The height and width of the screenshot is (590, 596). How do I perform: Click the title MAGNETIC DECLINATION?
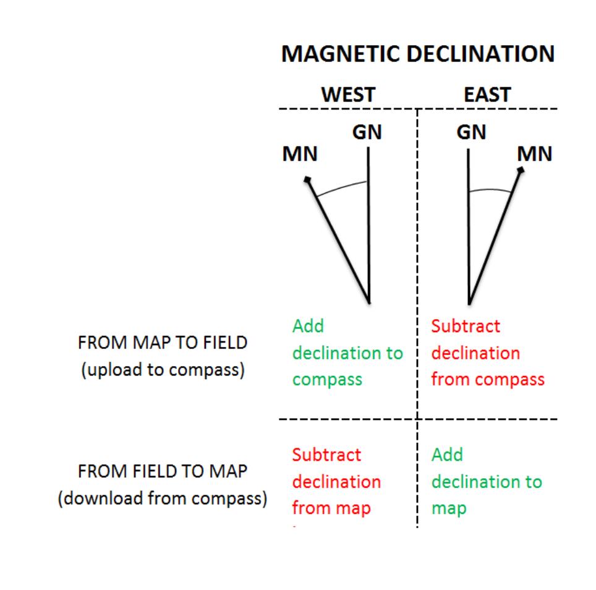tap(418, 54)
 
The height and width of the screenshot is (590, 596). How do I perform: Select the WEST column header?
tap(348, 95)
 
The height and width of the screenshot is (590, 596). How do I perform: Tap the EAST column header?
tap(488, 95)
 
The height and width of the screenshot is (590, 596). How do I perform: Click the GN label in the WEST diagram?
tap(368, 133)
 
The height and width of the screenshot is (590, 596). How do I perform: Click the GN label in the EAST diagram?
tap(472, 133)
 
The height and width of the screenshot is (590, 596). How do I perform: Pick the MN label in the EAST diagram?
tap(535, 153)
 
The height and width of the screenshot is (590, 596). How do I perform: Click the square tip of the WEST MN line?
tap(307, 180)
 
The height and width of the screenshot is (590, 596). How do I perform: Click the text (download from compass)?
tap(163, 498)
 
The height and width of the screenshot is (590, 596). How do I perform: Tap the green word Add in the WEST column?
tap(308, 326)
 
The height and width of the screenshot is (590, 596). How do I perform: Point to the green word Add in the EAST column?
tap(446, 455)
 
